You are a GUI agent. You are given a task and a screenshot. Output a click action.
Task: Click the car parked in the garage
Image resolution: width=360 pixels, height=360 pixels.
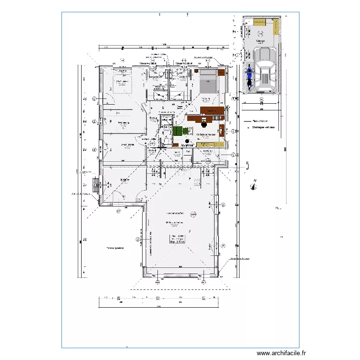pos(265,74)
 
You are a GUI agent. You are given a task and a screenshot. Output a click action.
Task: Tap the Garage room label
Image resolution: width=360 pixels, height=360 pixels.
pos(261,41)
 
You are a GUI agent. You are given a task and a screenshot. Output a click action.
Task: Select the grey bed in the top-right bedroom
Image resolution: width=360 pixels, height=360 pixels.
pos(207,81)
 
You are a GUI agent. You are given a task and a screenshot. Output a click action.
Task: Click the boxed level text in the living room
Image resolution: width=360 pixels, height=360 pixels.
pos(177,240)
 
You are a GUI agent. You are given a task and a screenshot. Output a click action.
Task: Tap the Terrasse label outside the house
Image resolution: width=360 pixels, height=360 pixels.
pos(114,248)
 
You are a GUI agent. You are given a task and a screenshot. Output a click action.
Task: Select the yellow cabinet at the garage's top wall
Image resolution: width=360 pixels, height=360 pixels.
pos(260,22)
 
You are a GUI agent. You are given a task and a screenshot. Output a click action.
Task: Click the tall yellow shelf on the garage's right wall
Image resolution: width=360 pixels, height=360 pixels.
pos(276,27)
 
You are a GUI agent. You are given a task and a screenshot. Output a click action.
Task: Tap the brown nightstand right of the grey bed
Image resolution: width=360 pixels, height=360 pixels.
pos(221,73)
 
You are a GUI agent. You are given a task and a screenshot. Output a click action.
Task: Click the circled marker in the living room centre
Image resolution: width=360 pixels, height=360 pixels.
pos(193,214)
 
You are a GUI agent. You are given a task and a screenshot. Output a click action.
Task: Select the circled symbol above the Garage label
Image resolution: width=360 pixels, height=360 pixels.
pos(261,33)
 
